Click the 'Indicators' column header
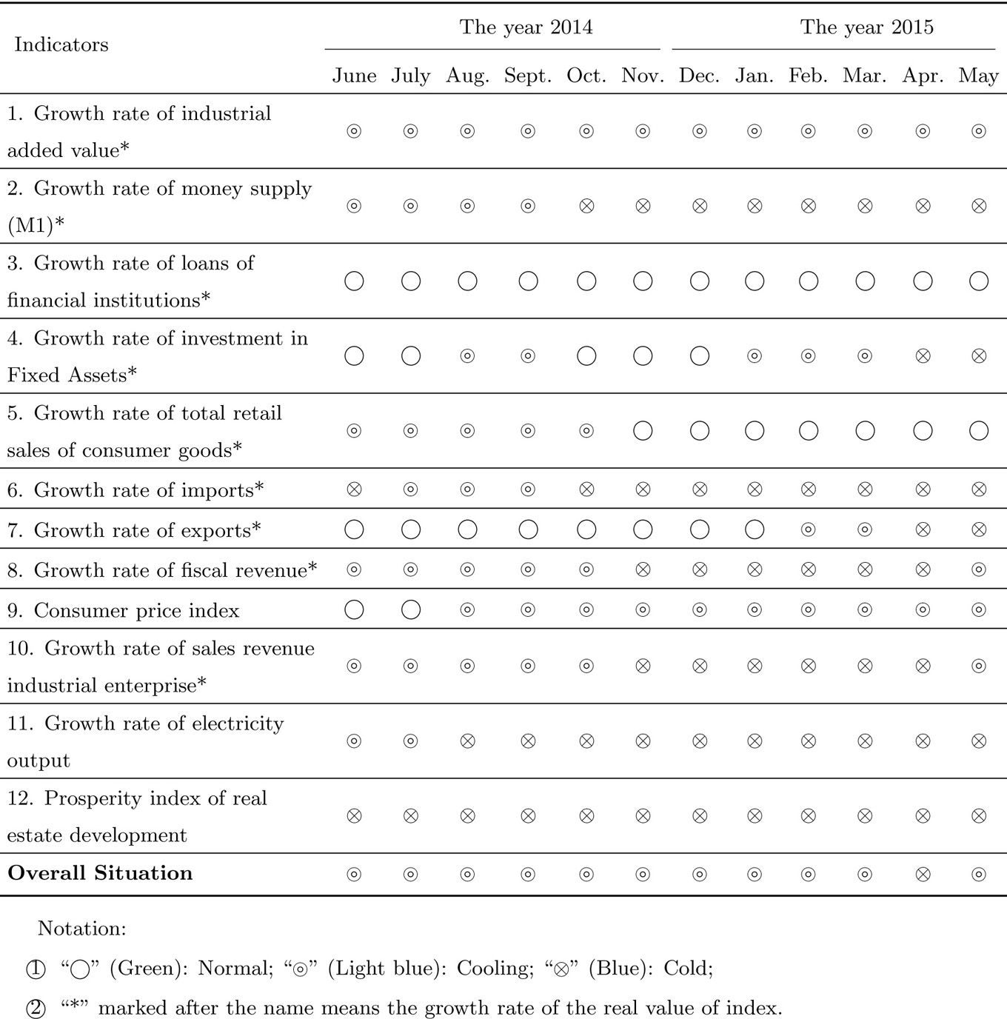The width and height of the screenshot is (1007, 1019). [61, 45]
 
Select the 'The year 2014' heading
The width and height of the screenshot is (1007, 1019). [526, 27]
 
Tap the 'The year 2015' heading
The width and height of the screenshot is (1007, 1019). [866, 27]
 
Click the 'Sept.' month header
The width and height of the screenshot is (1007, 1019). [528, 76]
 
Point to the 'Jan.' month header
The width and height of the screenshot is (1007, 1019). [755, 76]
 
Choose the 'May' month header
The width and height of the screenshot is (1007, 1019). [978, 76]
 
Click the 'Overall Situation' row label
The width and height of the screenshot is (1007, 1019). [100, 873]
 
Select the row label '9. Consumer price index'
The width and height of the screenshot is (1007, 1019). [124, 610]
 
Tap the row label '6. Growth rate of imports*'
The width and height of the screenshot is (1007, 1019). [136, 490]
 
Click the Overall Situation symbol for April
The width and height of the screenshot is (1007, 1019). [923, 875]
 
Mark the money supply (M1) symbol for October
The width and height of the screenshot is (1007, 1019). [586, 206]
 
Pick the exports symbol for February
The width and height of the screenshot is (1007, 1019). [809, 529]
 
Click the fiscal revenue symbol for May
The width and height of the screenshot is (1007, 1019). [978, 569]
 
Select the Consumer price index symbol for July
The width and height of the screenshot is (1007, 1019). [411, 609]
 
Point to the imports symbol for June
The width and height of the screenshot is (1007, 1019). [354, 490]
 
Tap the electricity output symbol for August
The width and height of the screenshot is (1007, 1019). [467, 741]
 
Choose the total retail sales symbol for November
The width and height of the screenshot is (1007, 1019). [643, 430]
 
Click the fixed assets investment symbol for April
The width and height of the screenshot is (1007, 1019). [923, 355]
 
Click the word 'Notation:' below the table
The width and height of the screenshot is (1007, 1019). [81, 929]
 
